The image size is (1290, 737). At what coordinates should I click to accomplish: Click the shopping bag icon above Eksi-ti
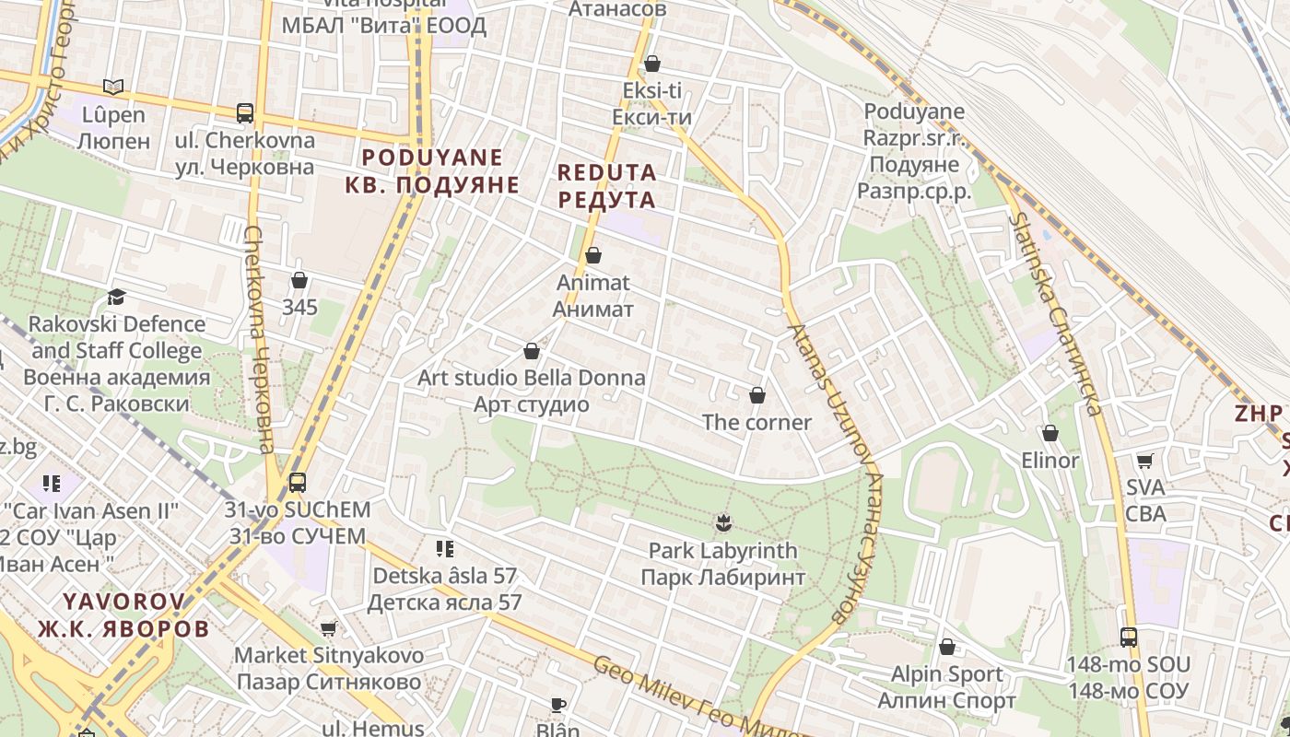pyautogui.click(x=652, y=64)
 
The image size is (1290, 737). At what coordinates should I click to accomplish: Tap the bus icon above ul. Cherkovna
pyautogui.click(x=245, y=113)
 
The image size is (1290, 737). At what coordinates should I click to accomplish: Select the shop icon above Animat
pyautogui.click(x=593, y=255)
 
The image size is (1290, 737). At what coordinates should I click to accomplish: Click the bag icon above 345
pyautogui.click(x=299, y=280)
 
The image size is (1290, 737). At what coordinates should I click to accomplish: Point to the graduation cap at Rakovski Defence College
pyautogui.click(x=116, y=297)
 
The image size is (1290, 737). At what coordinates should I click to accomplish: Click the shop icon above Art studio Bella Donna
pyautogui.click(x=531, y=351)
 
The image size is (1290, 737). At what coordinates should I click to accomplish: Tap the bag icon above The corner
pyautogui.click(x=757, y=395)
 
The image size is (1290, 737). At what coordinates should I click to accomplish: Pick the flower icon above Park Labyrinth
pyautogui.click(x=722, y=523)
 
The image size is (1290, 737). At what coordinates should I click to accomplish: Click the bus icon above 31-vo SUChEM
pyautogui.click(x=298, y=482)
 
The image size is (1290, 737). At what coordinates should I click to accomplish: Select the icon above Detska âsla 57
pyautogui.click(x=445, y=549)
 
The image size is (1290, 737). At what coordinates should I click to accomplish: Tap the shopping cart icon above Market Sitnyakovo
pyautogui.click(x=329, y=628)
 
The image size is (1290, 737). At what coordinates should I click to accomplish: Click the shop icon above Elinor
pyautogui.click(x=1050, y=433)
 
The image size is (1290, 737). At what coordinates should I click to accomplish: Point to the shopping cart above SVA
pyautogui.click(x=1145, y=460)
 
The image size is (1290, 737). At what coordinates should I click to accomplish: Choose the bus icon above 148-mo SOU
pyautogui.click(x=1129, y=637)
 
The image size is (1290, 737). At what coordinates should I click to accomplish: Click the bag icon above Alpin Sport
pyautogui.click(x=946, y=648)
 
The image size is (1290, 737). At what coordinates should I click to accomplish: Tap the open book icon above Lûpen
pyautogui.click(x=113, y=87)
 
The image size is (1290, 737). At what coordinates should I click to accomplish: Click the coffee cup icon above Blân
pyautogui.click(x=558, y=705)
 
